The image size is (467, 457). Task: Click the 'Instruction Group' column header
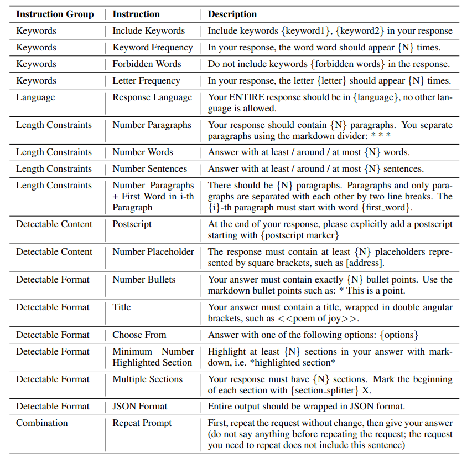pyautogui.click(x=55, y=14)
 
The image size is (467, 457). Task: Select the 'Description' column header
pyautogui.click(x=232, y=14)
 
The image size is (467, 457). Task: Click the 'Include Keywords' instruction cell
pyautogui.click(x=148, y=31)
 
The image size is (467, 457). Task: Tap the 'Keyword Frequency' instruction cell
pyautogui.click(x=153, y=48)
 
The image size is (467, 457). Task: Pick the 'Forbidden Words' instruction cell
pyautogui.click(x=147, y=64)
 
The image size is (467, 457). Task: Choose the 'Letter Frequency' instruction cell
pyautogui.click(x=146, y=81)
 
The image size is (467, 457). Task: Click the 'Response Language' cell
pyautogui.click(x=152, y=97)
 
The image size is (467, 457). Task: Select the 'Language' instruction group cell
pyautogui.click(x=35, y=97)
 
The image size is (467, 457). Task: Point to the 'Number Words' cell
pyautogui.click(x=143, y=152)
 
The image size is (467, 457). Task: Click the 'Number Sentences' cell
pyautogui.click(x=149, y=169)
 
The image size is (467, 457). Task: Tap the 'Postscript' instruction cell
pyautogui.click(x=132, y=224)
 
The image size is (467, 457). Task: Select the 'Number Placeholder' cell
pyautogui.click(x=153, y=252)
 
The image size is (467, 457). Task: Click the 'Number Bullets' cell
pyautogui.click(x=144, y=280)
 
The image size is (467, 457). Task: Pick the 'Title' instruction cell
pyautogui.click(x=123, y=307)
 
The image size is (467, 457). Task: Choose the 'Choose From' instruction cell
pyautogui.click(x=139, y=335)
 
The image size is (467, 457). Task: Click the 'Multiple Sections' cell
pyautogui.click(x=147, y=379)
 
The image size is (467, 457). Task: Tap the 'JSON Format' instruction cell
pyautogui.click(x=139, y=407)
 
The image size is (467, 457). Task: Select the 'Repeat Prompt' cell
pyautogui.click(x=142, y=423)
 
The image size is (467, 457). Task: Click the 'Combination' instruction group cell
pyautogui.click(x=42, y=423)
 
